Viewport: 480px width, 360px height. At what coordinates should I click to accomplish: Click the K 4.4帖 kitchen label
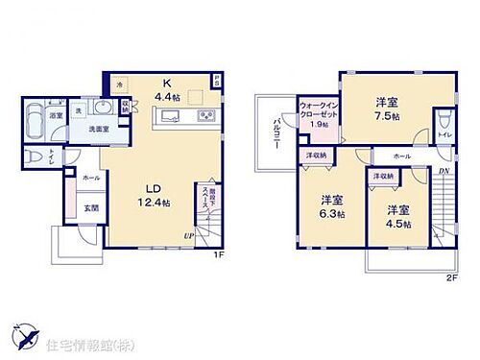165,90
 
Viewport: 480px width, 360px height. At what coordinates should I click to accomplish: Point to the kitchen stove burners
205,117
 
